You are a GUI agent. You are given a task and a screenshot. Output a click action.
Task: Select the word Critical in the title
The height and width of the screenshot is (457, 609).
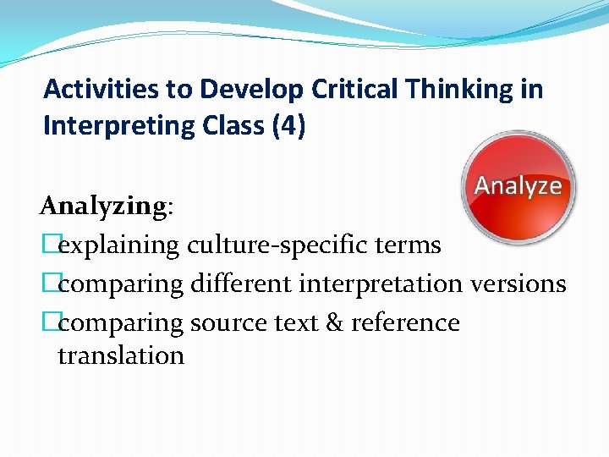[332, 88]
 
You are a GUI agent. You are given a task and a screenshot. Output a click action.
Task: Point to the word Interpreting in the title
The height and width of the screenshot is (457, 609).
[118, 125]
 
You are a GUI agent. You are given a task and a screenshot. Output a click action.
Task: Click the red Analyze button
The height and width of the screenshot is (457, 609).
[518, 187]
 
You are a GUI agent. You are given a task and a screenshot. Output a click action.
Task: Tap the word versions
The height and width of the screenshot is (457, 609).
[517, 284]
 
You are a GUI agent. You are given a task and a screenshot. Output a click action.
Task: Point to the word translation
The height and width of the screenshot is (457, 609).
[121, 355]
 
